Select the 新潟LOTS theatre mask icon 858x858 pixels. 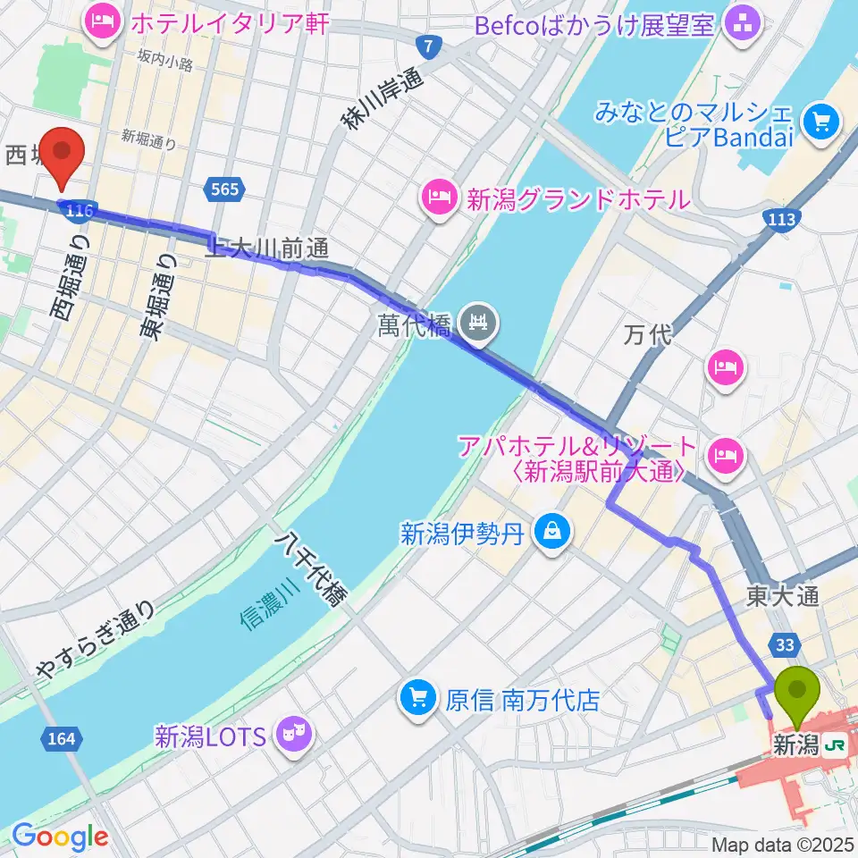[x=294, y=736]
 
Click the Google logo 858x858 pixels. [x=60, y=837]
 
